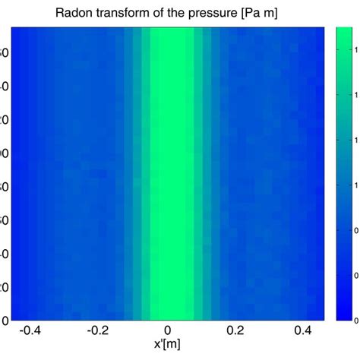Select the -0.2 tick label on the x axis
pyautogui.click(x=99, y=331)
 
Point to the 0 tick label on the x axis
pyautogui.click(x=171, y=331)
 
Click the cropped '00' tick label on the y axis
pyautogui.click(x=4, y=153)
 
